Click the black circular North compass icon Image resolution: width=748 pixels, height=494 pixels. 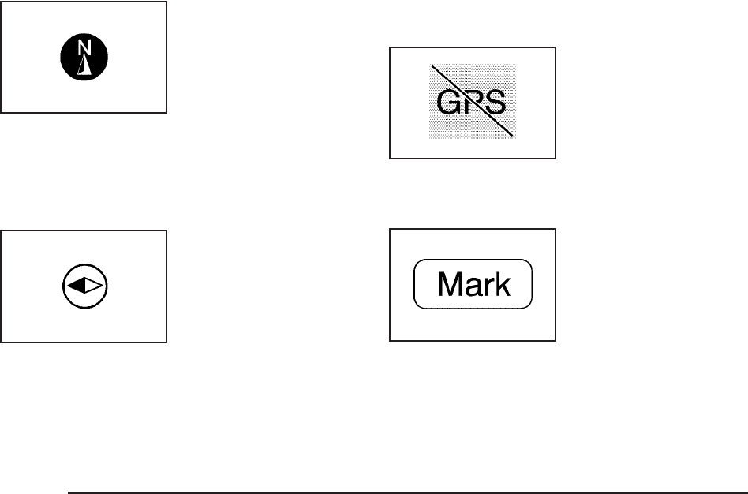coord(84,58)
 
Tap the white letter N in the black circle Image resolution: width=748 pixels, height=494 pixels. coord(84,49)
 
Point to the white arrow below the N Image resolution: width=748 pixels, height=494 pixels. coord(84,66)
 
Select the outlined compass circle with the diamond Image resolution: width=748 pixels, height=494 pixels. coord(84,286)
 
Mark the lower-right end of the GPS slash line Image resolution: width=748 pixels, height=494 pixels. coord(514,137)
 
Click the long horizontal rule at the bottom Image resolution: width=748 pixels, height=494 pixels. coord(406,492)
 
